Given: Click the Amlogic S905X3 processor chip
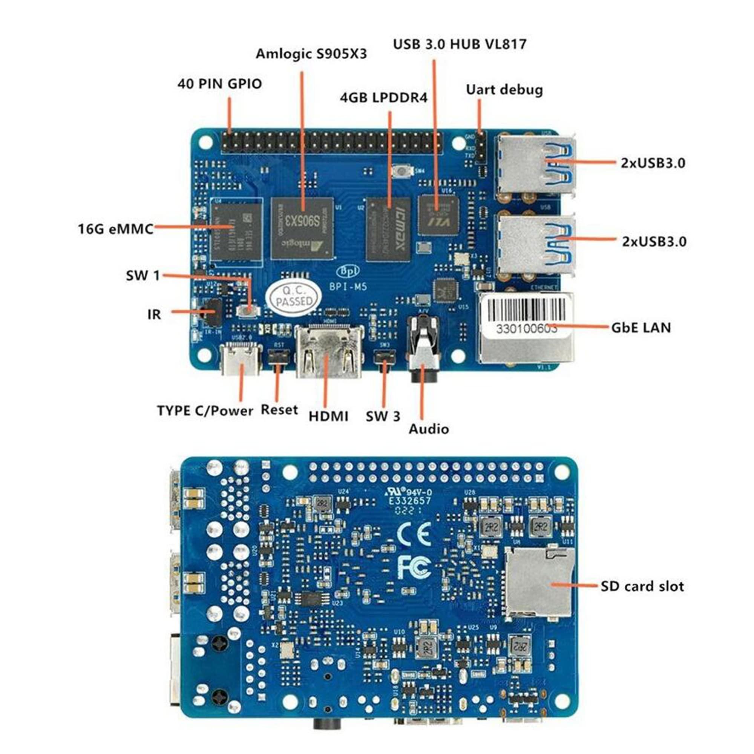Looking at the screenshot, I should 303,228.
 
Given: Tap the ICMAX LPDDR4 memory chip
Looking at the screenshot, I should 389,229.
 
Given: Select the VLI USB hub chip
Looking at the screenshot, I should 438,215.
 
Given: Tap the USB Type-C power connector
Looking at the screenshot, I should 241,359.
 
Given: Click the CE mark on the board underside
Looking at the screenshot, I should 414,533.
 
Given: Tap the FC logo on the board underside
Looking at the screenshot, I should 414,567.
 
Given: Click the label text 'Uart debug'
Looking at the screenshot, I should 504,90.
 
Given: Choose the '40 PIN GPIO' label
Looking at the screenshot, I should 219,84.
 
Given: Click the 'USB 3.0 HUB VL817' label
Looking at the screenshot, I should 460,44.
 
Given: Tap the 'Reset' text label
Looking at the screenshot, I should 279,410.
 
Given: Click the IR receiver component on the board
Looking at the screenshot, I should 213,312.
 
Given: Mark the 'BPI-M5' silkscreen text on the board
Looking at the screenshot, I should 348,287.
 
